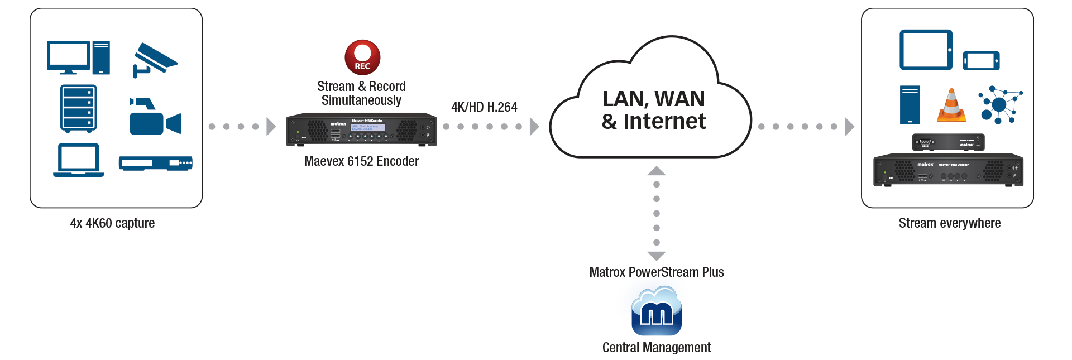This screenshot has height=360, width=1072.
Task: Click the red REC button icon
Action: (362, 57)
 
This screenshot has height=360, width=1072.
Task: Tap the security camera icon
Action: (154, 59)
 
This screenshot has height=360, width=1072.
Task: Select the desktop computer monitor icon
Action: (69, 57)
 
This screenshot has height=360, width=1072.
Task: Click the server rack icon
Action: (78, 108)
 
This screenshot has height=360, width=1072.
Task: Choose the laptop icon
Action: (79, 160)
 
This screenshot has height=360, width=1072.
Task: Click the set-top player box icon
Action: (155, 163)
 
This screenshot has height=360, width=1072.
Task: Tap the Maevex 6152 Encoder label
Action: (361, 161)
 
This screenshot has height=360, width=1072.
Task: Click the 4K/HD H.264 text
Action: (484, 107)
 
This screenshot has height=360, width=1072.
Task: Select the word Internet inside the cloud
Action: (664, 122)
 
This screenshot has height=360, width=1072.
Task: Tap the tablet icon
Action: (926, 50)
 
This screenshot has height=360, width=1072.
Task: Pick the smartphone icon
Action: (981, 61)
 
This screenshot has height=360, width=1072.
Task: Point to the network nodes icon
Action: (1000, 104)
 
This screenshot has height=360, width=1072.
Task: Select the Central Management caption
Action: (656, 348)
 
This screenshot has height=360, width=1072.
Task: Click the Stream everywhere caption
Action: (949, 223)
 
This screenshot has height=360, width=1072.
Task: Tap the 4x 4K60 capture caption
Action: (112, 223)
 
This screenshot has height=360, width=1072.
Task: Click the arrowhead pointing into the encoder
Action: (271, 127)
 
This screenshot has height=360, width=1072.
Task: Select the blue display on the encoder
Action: (367, 127)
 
